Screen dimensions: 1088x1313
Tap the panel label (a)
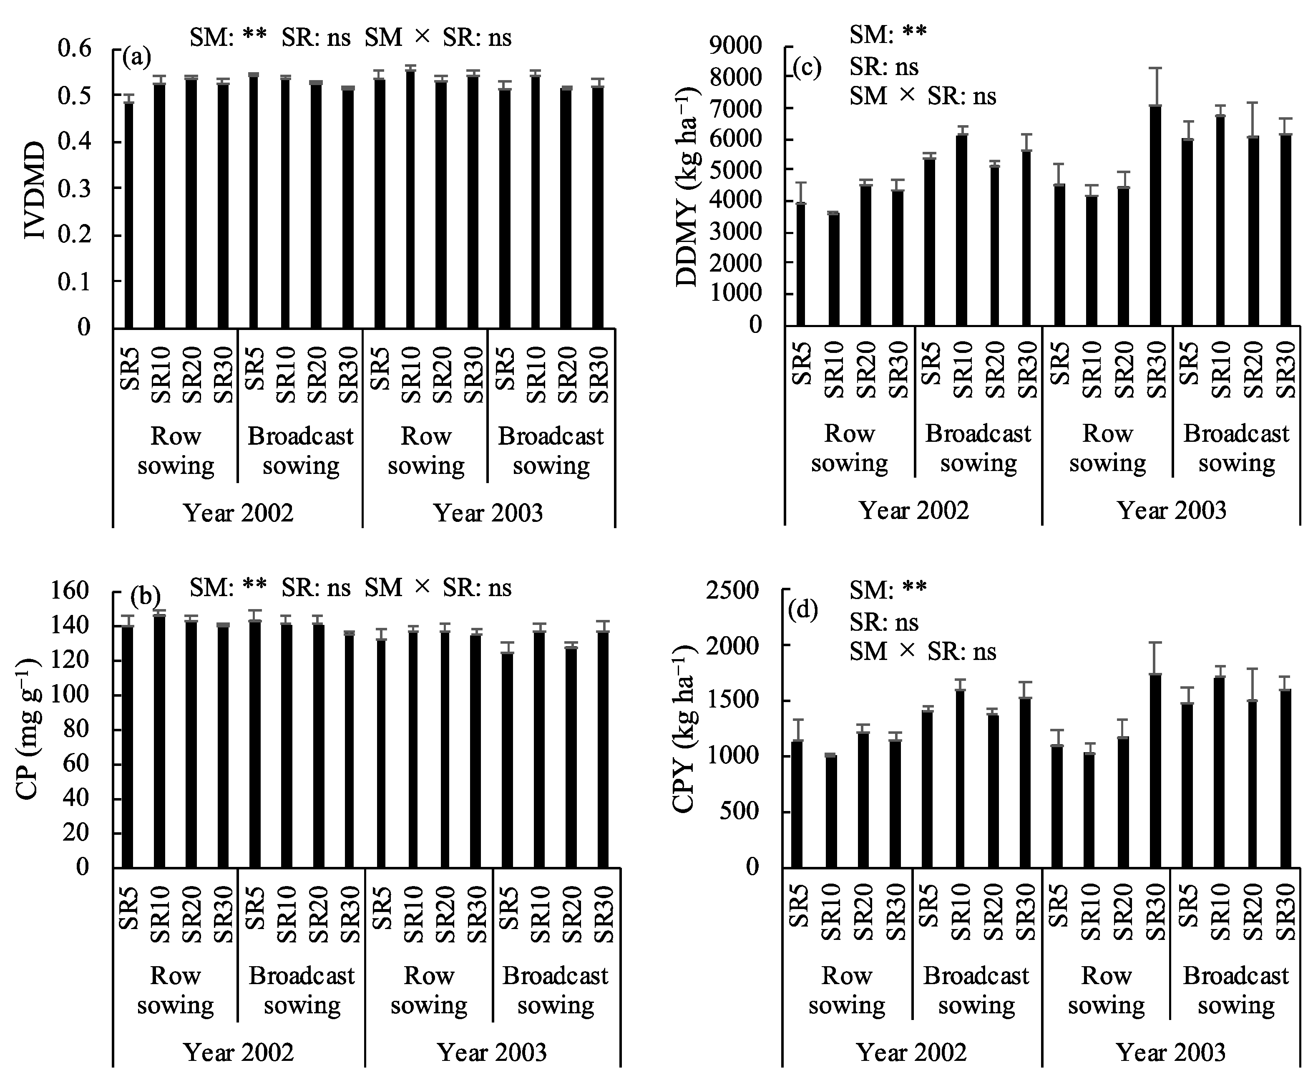coord(136,58)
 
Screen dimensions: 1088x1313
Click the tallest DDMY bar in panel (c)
coord(1155,216)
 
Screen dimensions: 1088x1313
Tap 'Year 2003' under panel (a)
coord(488,513)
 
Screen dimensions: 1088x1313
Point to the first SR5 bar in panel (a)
coord(129,214)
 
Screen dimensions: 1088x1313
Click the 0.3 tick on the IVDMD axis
coord(74,188)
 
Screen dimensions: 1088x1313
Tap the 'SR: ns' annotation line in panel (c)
coord(883,66)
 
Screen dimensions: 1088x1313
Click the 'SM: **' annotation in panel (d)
coord(888,589)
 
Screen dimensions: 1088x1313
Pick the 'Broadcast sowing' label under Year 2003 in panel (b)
coord(555,990)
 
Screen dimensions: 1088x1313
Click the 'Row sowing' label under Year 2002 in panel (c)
coord(849,448)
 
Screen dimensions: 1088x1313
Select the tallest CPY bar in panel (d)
coord(1155,771)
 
